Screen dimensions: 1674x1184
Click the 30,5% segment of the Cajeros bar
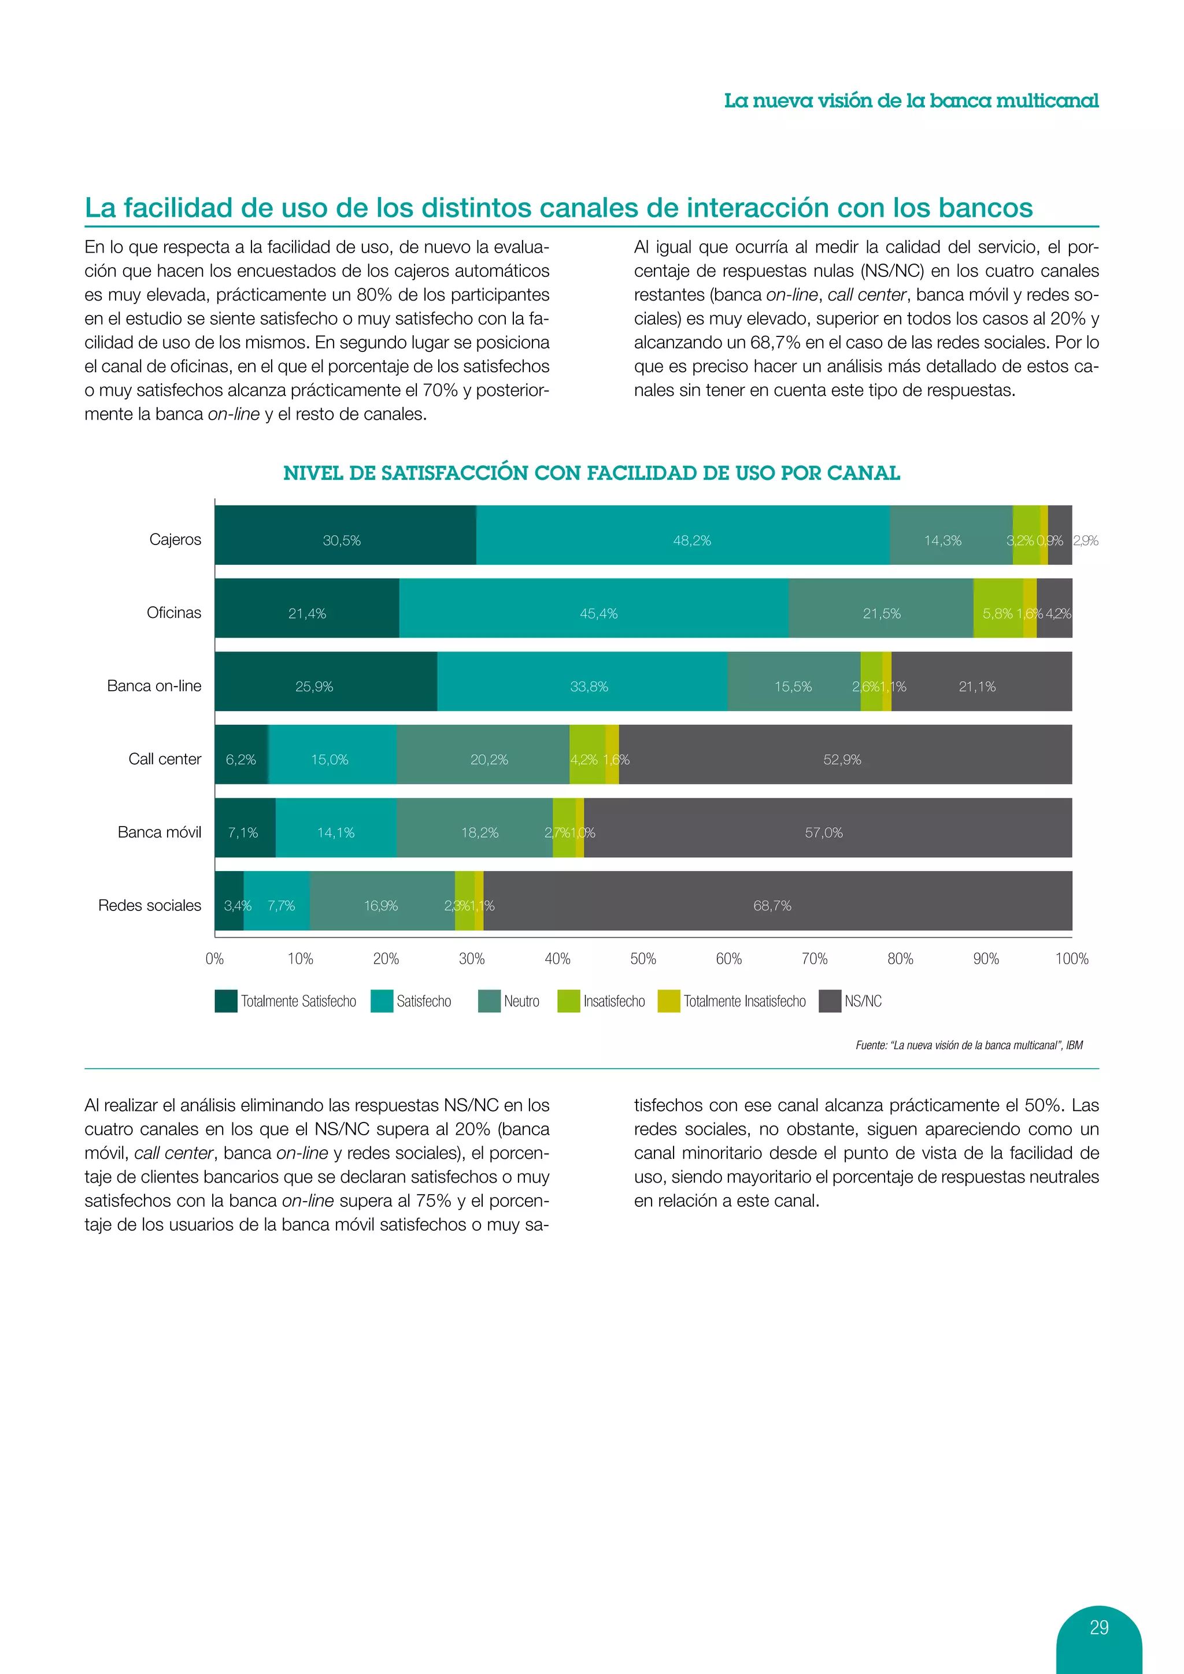pyautogui.click(x=343, y=540)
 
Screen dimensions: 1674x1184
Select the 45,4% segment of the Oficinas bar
pyautogui.click(x=598, y=613)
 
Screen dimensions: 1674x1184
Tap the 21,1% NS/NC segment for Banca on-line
pyautogui.click(x=977, y=686)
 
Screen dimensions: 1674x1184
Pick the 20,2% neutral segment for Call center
pyautogui.click(x=489, y=759)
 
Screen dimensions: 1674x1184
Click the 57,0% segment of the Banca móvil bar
pyautogui.click(x=824, y=832)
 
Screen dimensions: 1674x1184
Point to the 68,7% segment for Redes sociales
pyautogui.click(x=773, y=905)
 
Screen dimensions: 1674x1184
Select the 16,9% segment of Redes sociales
pyautogui.click(x=382, y=905)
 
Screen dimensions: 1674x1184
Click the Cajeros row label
pyautogui.click(x=175, y=539)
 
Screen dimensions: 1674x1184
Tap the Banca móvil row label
pyautogui.click(x=159, y=832)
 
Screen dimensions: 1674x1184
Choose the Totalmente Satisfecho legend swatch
pyautogui.click(x=226, y=1001)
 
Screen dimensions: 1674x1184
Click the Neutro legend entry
pyautogui.click(x=521, y=1001)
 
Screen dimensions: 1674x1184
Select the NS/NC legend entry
pyautogui.click(x=863, y=1001)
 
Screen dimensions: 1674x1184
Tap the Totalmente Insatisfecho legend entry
pyautogui.click(x=743, y=1001)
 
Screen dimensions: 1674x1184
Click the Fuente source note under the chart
pyautogui.click(x=969, y=1045)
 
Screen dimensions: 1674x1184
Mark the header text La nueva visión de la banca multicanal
pyautogui.click(x=911, y=101)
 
